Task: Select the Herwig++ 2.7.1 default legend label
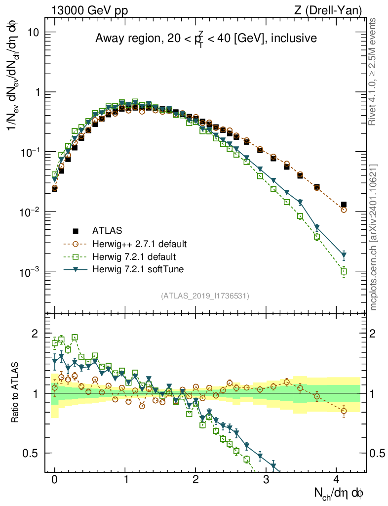139,244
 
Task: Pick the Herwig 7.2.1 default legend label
134,256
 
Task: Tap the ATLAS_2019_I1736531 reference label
205,296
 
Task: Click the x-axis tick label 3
266,479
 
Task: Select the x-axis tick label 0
54,479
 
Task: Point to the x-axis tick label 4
336,479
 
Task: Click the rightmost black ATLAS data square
344,204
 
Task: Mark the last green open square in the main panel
344,271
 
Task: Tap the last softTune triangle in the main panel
344,255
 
